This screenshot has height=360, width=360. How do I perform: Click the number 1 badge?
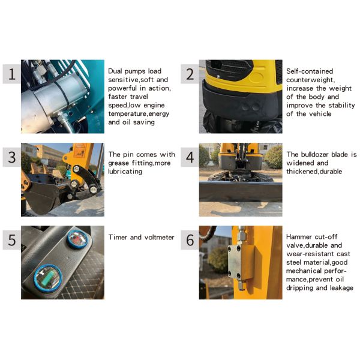(x=12, y=74)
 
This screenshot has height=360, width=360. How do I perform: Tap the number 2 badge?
(x=190, y=74)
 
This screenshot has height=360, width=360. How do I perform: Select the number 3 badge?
(x=12, y=157)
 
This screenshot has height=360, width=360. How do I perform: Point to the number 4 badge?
(x=190, y=157)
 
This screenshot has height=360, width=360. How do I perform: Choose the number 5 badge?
(x=12, y=240)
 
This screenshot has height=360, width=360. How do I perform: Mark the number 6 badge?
(x=190, y=240)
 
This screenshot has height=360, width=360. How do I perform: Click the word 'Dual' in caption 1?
(x=115, y=71)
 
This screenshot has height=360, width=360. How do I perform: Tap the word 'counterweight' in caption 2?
(x=310, y=80)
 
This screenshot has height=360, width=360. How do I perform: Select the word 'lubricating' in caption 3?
(x=125, y=172)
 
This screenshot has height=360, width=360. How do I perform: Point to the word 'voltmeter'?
(x=160, y=237)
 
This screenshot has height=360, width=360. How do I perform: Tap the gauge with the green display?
(x=48, y=278)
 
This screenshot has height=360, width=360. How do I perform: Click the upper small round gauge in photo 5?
(x=77, y=239)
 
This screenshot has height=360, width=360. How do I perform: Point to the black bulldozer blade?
(x=241, y=192)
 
